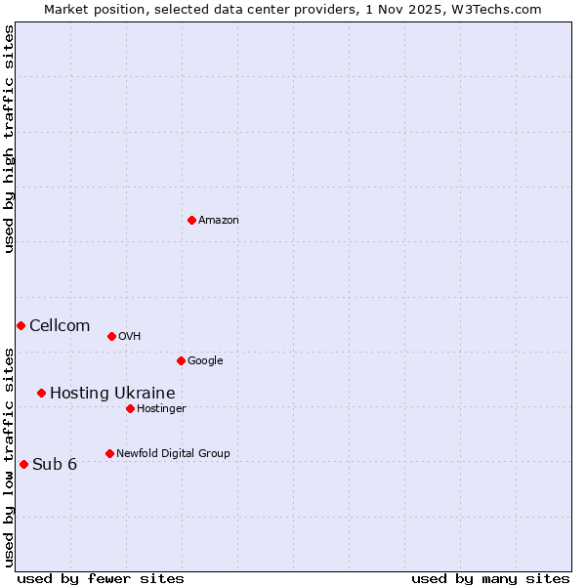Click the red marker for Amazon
pyautogui.click(x=191, y=220)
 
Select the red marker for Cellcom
pyautogui.click(x=21, y=325)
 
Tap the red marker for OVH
pyautogui.click(x=111, y=336)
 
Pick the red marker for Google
pyautogui.click(x=181, y=360)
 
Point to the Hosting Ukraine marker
pyautogui.click(x=41, y=393)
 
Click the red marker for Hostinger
pyautogui.click(x=130, y=408)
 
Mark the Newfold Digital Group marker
pyautogui.click(x=109, y=453)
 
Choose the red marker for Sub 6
pyautogui.click(x=23, y=464)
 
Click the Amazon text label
pyautogui.click(x=219, y=221)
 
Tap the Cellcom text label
pyautogui.click(x=60, y=326)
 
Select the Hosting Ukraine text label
pyautogui.click(x=112, y=394)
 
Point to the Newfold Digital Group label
pyautogui.click(x=173, y=453)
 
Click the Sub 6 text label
pyautogui.click(x=55, y=464)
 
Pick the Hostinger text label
pyautogui.click(x=161, y=408)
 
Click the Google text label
pyautogui.click(x=205, y=361)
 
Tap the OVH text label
pyautogui.click(x=130, y=337)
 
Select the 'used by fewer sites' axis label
pyautogui.click(x=101, y=578)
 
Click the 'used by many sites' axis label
pyautogui.click(x=490, y=578)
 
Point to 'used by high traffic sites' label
pyautogui.click(x=9, y=139)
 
